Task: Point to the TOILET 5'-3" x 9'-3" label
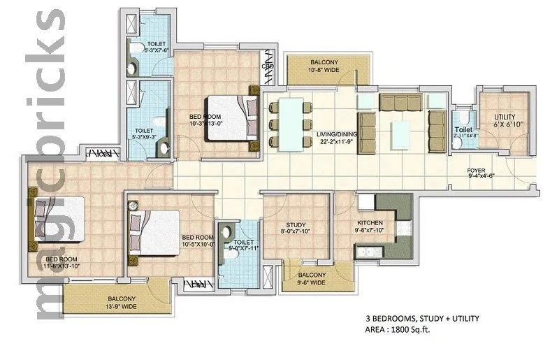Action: click(144, 134)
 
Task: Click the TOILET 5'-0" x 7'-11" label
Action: click(238, 245)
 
